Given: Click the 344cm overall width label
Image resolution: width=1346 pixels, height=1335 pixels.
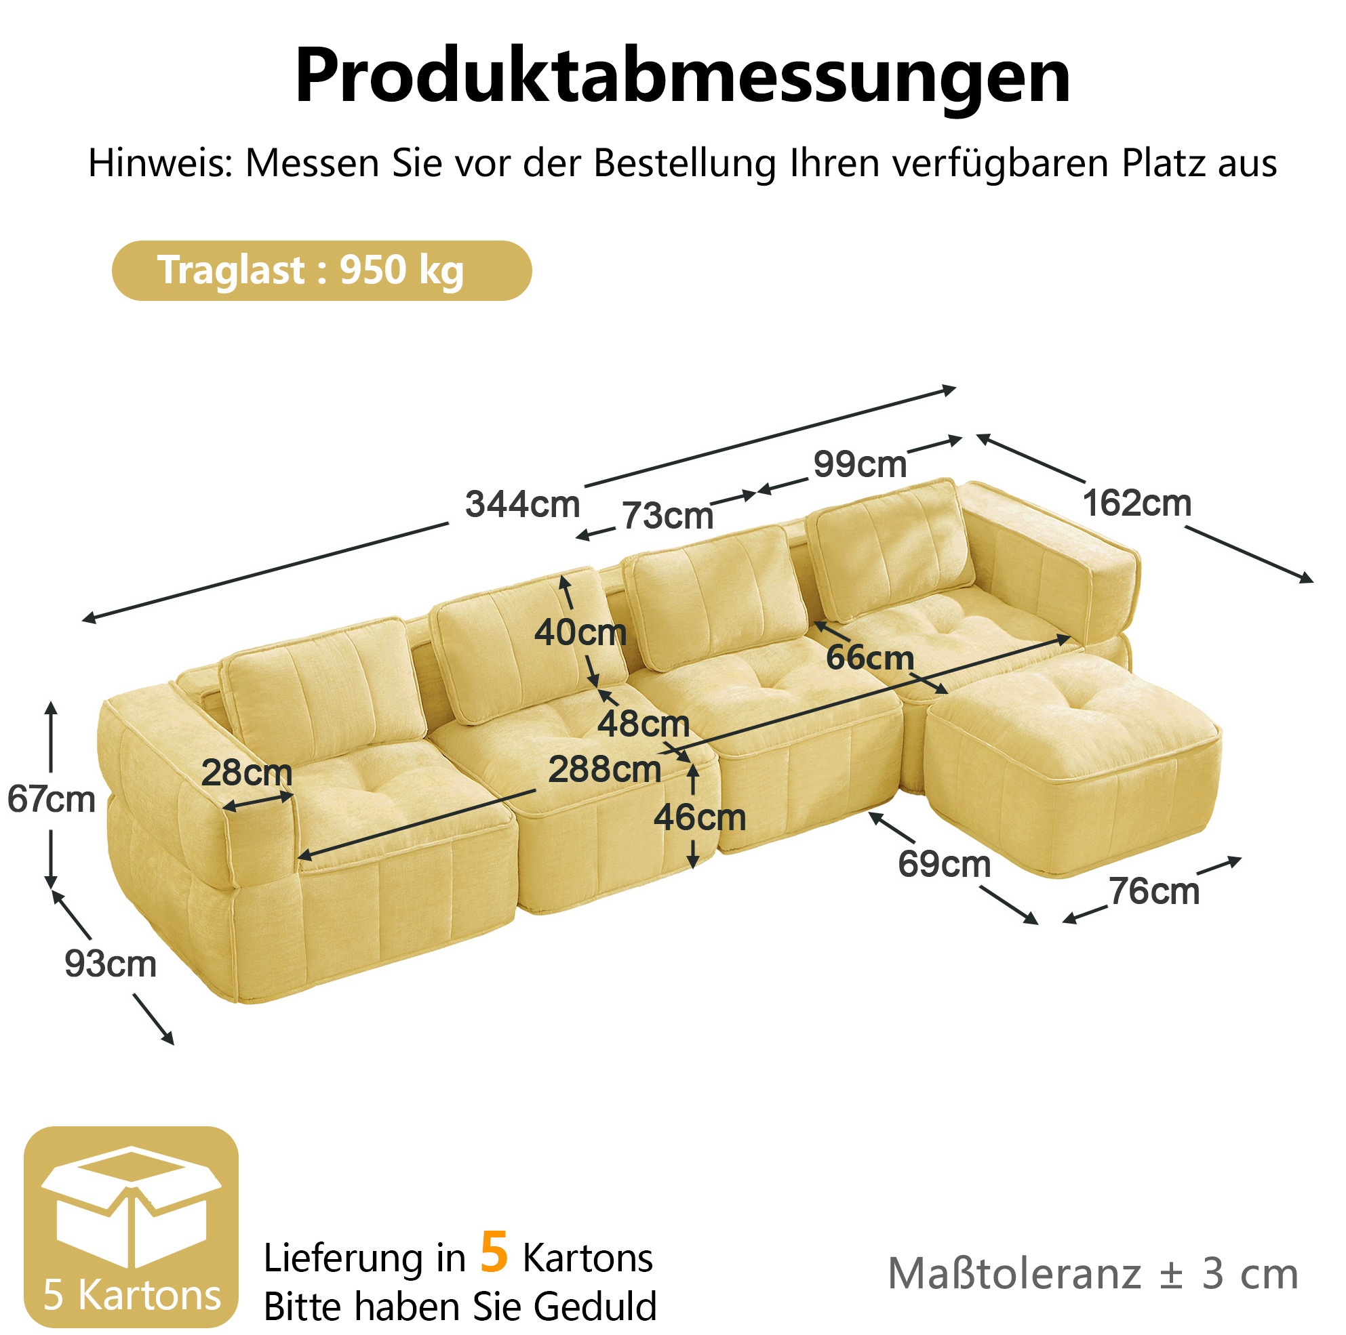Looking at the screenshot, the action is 523,504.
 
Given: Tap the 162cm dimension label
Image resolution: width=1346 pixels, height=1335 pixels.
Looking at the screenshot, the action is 1136,502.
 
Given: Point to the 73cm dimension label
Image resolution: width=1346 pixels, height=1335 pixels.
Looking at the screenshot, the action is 667,515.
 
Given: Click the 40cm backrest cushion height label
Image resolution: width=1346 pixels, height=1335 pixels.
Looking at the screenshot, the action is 580,632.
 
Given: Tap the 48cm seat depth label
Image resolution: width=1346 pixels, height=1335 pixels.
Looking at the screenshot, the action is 643,724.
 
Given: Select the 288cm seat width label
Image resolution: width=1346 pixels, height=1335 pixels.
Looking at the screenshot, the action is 605,769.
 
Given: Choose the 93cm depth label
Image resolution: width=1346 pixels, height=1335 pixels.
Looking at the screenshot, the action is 110,964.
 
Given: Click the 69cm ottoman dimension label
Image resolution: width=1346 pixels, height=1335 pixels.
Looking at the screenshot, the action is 944,863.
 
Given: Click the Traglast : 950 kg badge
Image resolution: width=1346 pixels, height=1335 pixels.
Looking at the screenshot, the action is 322,270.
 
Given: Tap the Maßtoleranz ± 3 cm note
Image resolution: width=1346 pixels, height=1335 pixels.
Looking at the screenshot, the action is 1093,1274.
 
